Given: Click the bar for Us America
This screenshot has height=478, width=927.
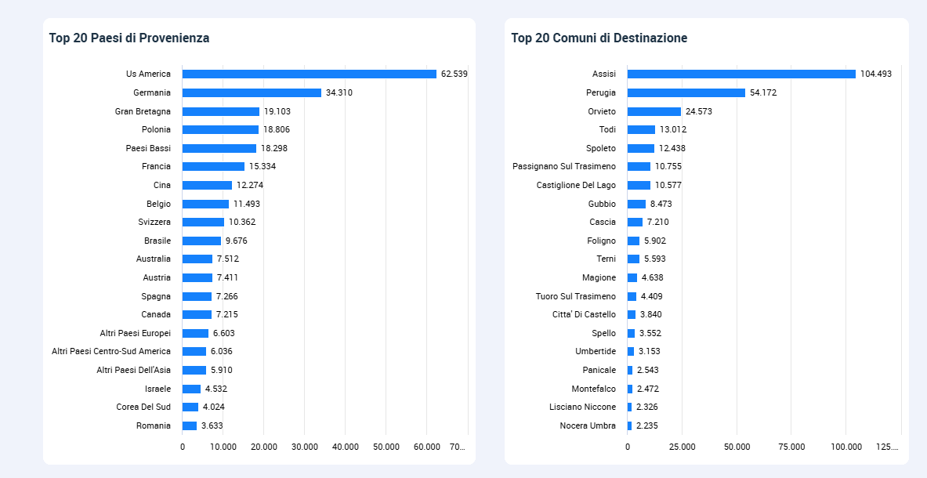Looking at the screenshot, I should coord(309,74).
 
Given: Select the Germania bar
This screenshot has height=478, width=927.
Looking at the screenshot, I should coord(252,92).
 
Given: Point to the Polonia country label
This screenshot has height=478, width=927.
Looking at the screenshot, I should coord(156,129).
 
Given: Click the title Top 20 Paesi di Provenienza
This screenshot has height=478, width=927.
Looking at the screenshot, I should coord(129,38).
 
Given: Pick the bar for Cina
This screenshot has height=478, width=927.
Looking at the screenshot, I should coord(207,185).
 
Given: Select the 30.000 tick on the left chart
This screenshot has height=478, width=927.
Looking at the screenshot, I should coord(305,447).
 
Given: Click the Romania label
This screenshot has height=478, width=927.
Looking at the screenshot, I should coord(153,425).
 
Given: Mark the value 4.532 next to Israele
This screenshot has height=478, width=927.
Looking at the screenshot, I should coord(216,389).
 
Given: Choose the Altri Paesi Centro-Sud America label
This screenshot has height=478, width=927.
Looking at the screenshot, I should coord(111,351).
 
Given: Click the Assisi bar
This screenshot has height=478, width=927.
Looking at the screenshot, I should coord(741,74).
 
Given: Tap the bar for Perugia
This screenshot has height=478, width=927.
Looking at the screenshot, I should coord(686,92).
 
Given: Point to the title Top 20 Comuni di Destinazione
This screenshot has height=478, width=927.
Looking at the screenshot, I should coord(599,38).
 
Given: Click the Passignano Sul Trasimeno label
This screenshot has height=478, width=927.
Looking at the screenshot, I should coord(564,166).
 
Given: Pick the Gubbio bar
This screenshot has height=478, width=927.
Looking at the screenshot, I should coord(636,204).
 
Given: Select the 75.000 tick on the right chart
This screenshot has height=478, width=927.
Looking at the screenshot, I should coord(791,447).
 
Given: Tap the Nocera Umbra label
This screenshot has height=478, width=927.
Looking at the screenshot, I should coord(588,425).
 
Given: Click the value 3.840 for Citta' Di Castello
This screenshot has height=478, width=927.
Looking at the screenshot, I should coord(650,314).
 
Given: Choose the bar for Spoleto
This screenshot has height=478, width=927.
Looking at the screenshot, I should coord(641,148).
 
